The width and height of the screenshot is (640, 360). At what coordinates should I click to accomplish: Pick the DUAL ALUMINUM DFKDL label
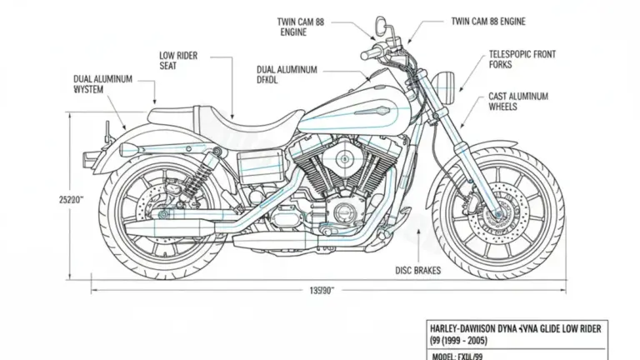286,76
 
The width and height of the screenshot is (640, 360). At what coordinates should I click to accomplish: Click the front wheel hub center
498,215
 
